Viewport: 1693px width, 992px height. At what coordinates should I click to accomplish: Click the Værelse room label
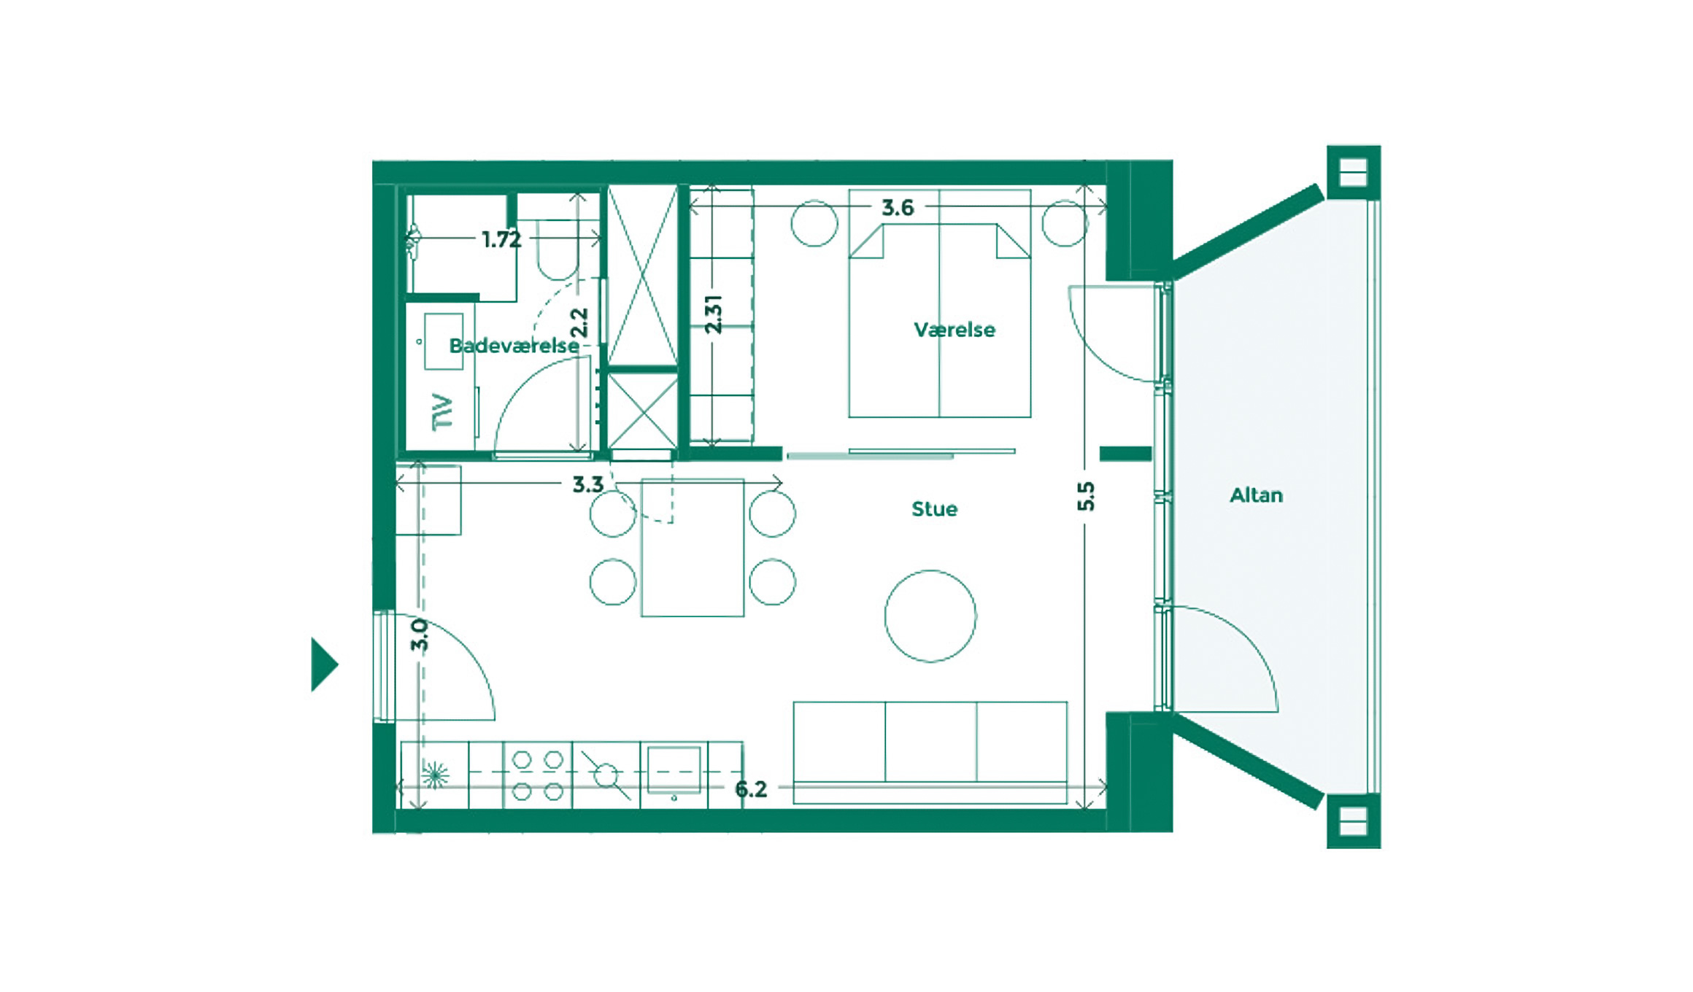coord(955,330)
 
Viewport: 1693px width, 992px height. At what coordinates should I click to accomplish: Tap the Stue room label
coord(934,509)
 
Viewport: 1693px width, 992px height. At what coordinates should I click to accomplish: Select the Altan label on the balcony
coord(1256,495)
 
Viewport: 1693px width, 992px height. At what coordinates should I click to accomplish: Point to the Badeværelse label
coord(514,346)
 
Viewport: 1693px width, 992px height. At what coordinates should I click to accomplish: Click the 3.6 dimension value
coord(898,208)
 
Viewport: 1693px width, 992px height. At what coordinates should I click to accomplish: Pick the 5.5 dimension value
coord(1086,496)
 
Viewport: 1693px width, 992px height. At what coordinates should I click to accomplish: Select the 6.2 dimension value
coord(751,789)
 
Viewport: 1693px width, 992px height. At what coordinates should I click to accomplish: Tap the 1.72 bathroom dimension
coord(501,239)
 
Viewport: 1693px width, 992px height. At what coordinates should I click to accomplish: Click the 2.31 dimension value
coord(713,314)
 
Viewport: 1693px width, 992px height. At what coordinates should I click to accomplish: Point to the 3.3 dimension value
coord(588,484)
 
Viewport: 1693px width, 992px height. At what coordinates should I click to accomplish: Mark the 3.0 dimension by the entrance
coord(419,635)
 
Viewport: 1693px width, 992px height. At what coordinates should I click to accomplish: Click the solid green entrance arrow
coord(324,664)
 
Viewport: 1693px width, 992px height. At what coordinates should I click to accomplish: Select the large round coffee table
coord(930,616)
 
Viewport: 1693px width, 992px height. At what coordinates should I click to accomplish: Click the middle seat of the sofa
coord(930,742)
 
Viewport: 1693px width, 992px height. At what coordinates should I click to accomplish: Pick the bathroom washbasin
coord(444,341)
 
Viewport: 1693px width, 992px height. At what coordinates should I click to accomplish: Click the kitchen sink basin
coord(674,769)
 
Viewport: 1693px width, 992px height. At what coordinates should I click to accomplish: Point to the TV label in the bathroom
coord(442,412)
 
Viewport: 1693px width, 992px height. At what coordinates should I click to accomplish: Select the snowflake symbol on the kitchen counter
coord(435,775)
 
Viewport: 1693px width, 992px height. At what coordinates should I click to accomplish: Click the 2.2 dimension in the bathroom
coord(578,322)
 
